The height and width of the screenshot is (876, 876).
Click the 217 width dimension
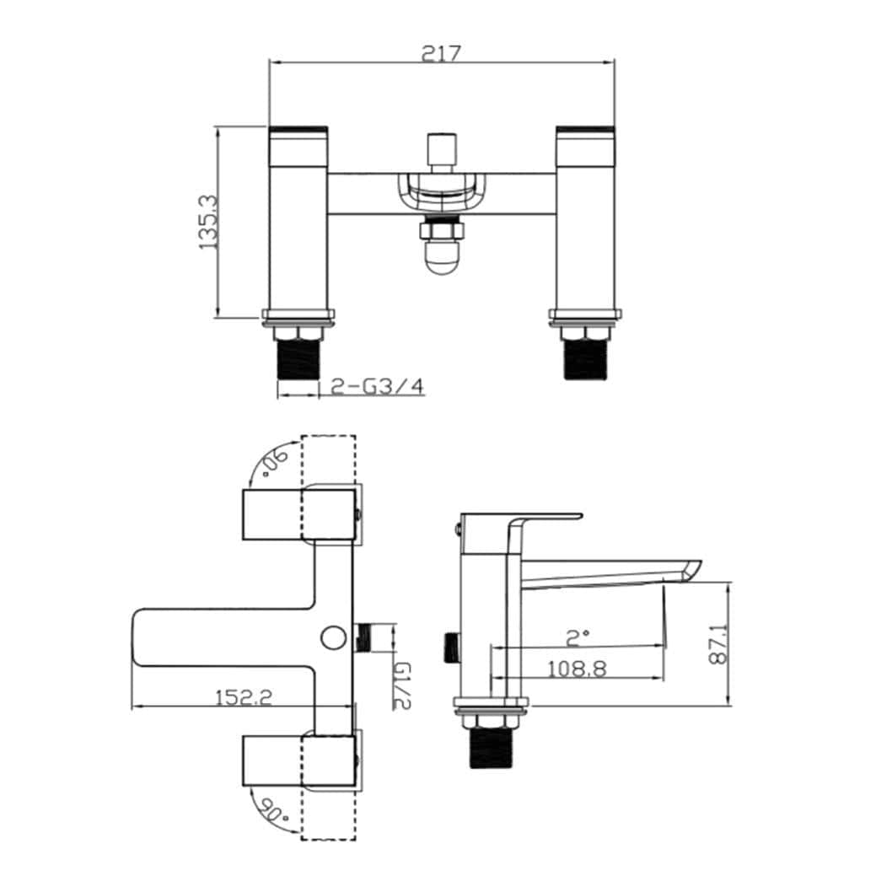[441, 52]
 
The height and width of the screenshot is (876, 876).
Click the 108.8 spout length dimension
[578, 669]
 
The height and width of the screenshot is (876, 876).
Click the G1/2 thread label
[402, 685]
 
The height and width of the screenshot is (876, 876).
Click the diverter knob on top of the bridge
[440, 152]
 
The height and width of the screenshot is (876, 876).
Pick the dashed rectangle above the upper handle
[328, 459]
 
